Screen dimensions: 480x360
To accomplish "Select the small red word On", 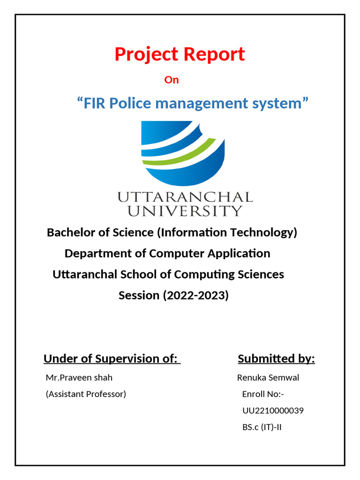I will [172, 80].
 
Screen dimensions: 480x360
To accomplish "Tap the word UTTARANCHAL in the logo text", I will [185, 196].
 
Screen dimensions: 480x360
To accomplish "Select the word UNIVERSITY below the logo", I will [185, 211].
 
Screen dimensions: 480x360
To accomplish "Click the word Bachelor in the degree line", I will [67, 232].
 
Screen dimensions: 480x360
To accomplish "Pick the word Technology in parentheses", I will [267, 232].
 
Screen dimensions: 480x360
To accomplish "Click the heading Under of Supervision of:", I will [112, 359].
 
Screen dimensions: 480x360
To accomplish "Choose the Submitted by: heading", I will [276, 359].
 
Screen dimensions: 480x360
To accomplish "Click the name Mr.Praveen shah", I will [79, 378].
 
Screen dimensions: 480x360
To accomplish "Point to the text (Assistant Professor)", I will [86, 394].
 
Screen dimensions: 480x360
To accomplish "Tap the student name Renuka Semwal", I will [268, 378].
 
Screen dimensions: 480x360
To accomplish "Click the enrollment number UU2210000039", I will [273, 411].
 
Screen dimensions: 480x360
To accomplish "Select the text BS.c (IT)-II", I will [262, 427].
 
